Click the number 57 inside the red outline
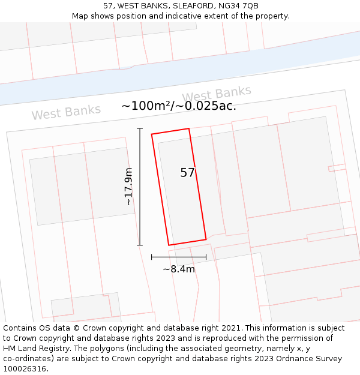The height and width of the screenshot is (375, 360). click(x=188, y=173)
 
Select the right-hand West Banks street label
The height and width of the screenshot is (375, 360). click(x=216, y=94)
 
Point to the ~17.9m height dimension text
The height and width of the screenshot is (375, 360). click(x=128, y=187)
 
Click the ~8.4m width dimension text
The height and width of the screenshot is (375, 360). click(x=179, y=269)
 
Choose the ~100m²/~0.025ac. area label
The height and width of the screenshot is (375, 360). click(x=179, y=106)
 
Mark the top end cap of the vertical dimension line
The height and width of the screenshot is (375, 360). click(x=140, y=128)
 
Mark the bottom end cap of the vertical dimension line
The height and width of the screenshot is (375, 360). click(x=140, y=245)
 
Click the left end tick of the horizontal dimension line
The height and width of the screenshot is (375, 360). click(x=152, y=257)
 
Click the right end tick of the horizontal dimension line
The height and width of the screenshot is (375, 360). click(x=206, y=257)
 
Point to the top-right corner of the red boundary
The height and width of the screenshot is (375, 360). click(x=189, y=128)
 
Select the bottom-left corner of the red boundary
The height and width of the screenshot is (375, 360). click(x=169, y=245)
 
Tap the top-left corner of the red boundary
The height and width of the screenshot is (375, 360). click(x=152, y=134)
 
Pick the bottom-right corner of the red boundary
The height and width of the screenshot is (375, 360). click(x=206, y=239)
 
